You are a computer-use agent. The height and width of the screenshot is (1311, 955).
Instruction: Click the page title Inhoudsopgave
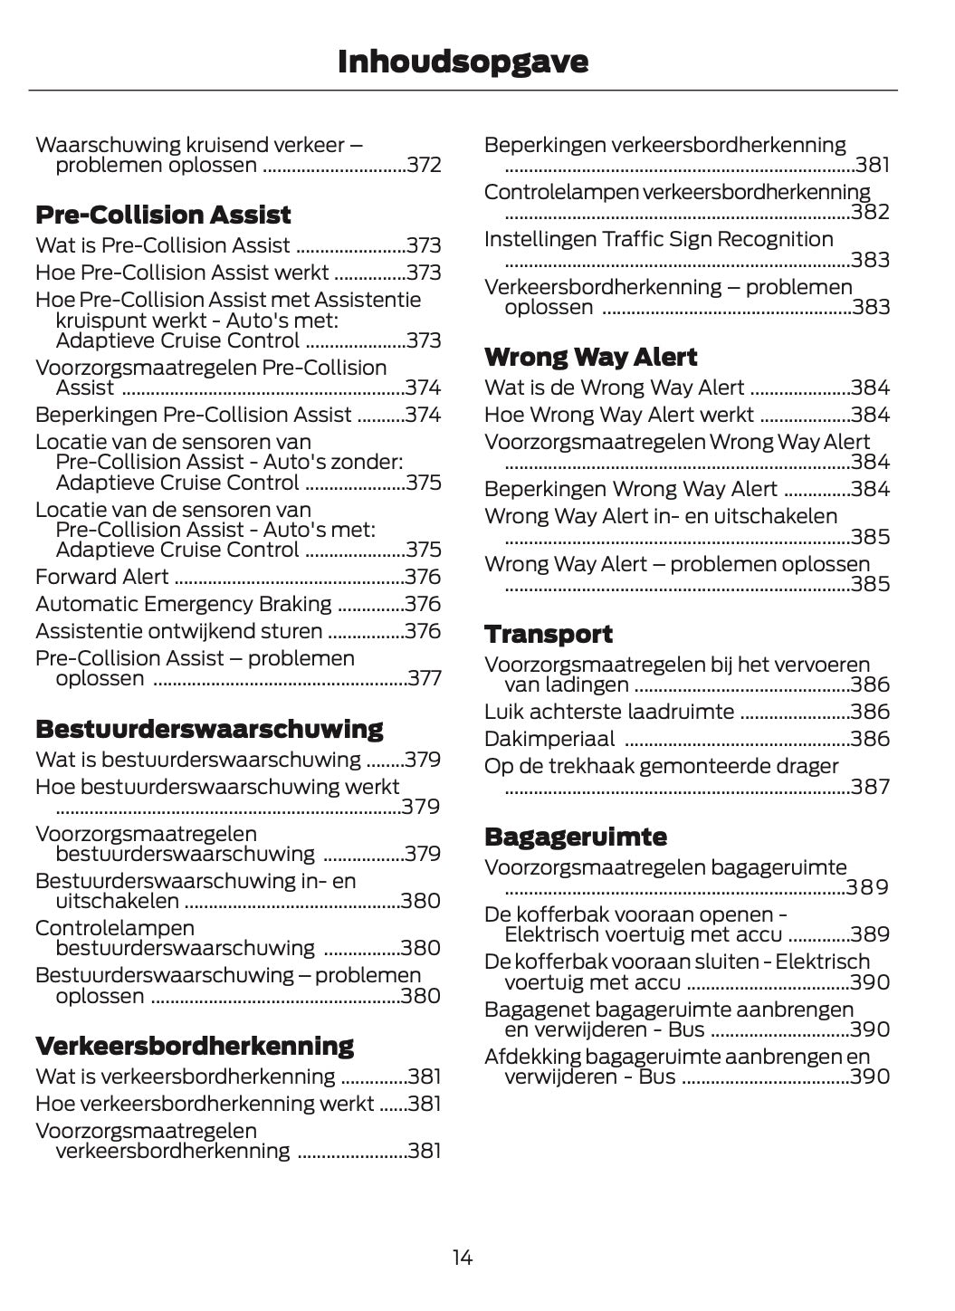click(x=463, y=62)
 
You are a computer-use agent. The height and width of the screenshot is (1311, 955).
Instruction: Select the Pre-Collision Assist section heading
click(x=163, y=215)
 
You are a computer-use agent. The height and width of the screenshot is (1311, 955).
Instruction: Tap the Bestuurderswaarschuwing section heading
click(x=209, y=730)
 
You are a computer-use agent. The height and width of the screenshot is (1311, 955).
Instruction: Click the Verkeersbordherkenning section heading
click(x=195, y=1047)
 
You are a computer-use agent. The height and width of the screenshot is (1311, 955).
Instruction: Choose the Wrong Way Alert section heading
click(x=591, y=358)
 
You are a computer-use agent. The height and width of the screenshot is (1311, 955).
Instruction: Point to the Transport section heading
click(x=549, y=635)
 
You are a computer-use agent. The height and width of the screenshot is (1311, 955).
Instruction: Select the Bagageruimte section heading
click(x=576, y=837)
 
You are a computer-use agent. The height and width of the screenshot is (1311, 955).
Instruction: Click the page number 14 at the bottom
click(x=462, y=1258)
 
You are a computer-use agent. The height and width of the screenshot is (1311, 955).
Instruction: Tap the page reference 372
click(x=424, y=166)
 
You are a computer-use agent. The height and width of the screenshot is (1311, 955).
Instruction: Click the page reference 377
click(x=424, y=679)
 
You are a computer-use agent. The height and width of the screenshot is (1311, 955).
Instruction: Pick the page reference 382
click(x=871, y=213)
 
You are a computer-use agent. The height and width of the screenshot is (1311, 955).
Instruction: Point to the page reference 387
click(x=871, y=788)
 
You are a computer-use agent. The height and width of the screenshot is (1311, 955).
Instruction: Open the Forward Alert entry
click(x=102, y=578)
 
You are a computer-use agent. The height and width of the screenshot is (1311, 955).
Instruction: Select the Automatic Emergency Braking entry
click(x=184, y=605)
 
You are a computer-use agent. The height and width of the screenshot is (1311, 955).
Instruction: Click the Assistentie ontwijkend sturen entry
click(x=178, y=632)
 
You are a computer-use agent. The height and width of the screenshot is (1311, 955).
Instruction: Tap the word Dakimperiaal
click(x=549, y=740)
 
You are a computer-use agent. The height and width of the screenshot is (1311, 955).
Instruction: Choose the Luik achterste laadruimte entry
click(x=609, y=713)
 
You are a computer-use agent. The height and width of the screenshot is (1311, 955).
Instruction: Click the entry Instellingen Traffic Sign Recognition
click(x=659, y=240)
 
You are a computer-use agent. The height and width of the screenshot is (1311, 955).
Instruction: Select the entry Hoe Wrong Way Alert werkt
click(x=619, y=416)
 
